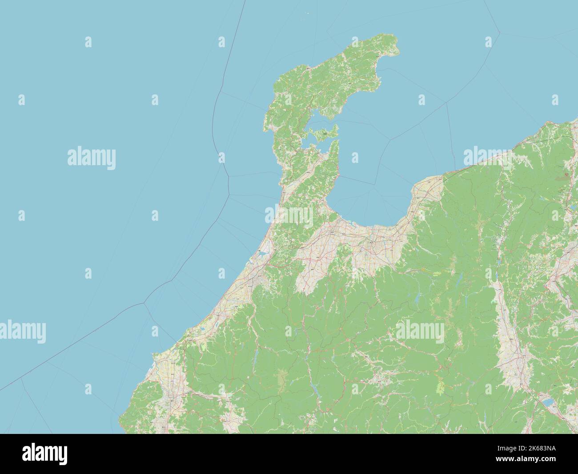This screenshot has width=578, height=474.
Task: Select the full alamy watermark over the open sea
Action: click(92, 158)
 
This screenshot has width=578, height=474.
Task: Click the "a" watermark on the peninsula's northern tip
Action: click(355, 42)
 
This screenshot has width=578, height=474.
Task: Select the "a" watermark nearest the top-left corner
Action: click(88, 42)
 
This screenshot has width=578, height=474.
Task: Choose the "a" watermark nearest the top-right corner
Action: click(489, 42)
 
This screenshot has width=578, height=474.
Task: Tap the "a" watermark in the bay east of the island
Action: click(355, 158)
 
